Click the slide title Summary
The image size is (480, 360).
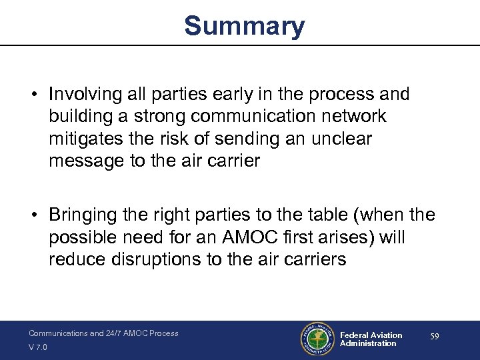click(244, 27)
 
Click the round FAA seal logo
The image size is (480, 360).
click(316, 339)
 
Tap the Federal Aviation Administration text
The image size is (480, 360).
click(371, 339)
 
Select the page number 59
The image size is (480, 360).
click(434, 337)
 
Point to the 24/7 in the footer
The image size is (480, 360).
click(115, 333)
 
